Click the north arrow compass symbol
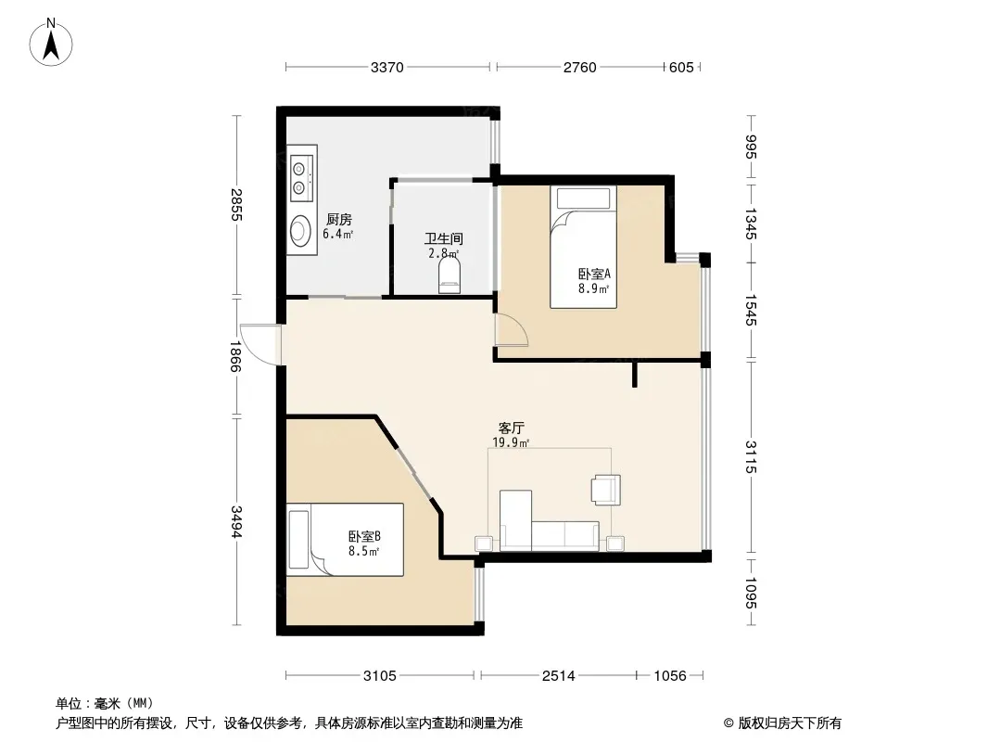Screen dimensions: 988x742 [51, 43]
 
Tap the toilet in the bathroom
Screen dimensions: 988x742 [450, 277]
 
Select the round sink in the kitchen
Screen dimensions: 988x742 [300, 231]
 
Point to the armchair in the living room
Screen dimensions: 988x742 [605, 490]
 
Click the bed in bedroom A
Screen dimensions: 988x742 [583, 247]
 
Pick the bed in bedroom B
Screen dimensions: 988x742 [345, 539]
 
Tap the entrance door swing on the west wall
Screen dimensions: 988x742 [260, 343]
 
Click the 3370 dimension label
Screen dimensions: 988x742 [386, 67]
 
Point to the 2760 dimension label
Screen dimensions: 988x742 [579, 67]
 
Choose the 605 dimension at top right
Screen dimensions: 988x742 [681, 67]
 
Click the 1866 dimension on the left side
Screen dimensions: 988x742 [235, 356]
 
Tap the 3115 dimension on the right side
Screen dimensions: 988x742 [751, 456]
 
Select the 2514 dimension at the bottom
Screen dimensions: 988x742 [559, 676]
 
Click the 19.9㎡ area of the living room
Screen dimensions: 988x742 [511, 442]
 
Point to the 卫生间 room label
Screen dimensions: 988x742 [444, 239]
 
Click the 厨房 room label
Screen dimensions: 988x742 [339, 220]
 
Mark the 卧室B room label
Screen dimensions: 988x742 [364, 536]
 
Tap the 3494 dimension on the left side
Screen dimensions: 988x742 [235, 521]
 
